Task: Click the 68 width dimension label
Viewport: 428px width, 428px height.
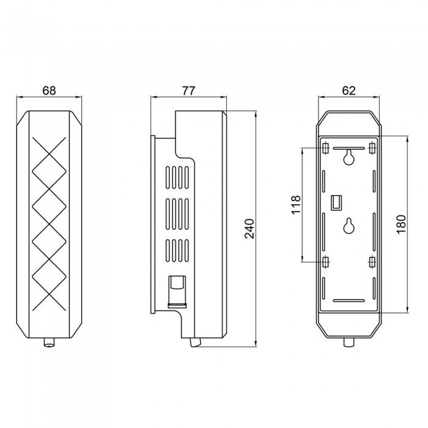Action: [49, 90]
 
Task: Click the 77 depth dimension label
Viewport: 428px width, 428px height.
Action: [188, 90]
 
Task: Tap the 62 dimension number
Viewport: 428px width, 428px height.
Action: [349, 90]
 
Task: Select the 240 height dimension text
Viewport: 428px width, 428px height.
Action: [249, 229]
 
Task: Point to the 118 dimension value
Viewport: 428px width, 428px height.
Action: [296, 205]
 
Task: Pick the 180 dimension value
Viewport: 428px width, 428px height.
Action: [401, 224]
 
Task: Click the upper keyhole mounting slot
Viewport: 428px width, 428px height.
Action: [349, 157]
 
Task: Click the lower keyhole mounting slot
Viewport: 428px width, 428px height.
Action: [349, 226]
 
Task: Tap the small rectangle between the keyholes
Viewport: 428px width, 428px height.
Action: [336, 202]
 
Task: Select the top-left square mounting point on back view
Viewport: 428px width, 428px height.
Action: [325, 148]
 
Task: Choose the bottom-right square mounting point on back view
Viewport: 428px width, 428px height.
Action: [372, 262]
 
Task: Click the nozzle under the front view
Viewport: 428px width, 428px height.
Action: [49, 342]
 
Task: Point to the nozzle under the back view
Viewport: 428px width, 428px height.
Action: [349, 342]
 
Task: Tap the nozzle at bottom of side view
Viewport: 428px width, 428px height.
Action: [196, 342]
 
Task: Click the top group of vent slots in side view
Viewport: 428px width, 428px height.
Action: [177, 177]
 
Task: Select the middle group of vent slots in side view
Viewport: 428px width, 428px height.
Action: [177, 214]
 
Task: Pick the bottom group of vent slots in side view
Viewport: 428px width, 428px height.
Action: [177, 251]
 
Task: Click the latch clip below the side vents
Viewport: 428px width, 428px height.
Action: [177, 292]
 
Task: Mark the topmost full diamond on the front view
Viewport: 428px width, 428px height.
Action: [49, 171]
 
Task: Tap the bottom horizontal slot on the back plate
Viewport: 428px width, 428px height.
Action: [349, 300]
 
